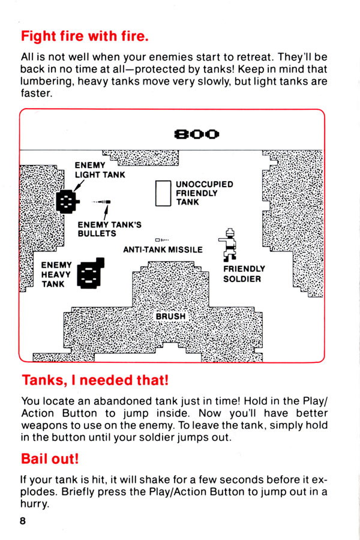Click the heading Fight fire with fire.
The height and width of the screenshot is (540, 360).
pyautogui.click(x=85, y=36)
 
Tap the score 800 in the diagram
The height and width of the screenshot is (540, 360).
pyautogui.click(x=197, y=134)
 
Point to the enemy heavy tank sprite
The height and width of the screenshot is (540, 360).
pyautogui.click(x=90, y=273)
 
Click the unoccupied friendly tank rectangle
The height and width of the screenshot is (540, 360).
pyautogui.click(x=163, y=193)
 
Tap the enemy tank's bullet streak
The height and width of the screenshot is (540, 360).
pyautogui.click(x=101, y=202)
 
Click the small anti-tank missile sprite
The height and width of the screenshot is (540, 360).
pyautogui.click(x=162, y=239)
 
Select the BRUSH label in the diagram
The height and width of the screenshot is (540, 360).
pyautogui.click(x=170, y=316)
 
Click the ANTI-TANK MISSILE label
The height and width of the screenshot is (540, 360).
pyautogui.click(x=163, y=250)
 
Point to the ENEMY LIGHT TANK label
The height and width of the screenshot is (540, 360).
pyautogui.click(x=100, y=170)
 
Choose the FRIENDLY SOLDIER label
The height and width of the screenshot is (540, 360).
pyautogui.click(x=244, y=274)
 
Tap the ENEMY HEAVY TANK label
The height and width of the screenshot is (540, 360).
pyautogui.click(x=56, y=274)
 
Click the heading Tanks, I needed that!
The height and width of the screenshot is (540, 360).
pyautogui.click(x=95, y=380)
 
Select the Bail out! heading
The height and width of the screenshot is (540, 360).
pyautogui.click(x=50, y=459)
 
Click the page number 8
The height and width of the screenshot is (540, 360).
pyautogui.click(x=23, y=521)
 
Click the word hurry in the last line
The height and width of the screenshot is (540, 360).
pyautogui.click(x=34, y=504)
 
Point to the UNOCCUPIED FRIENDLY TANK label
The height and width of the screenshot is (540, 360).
pyautogui.click(x=204, y=193)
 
